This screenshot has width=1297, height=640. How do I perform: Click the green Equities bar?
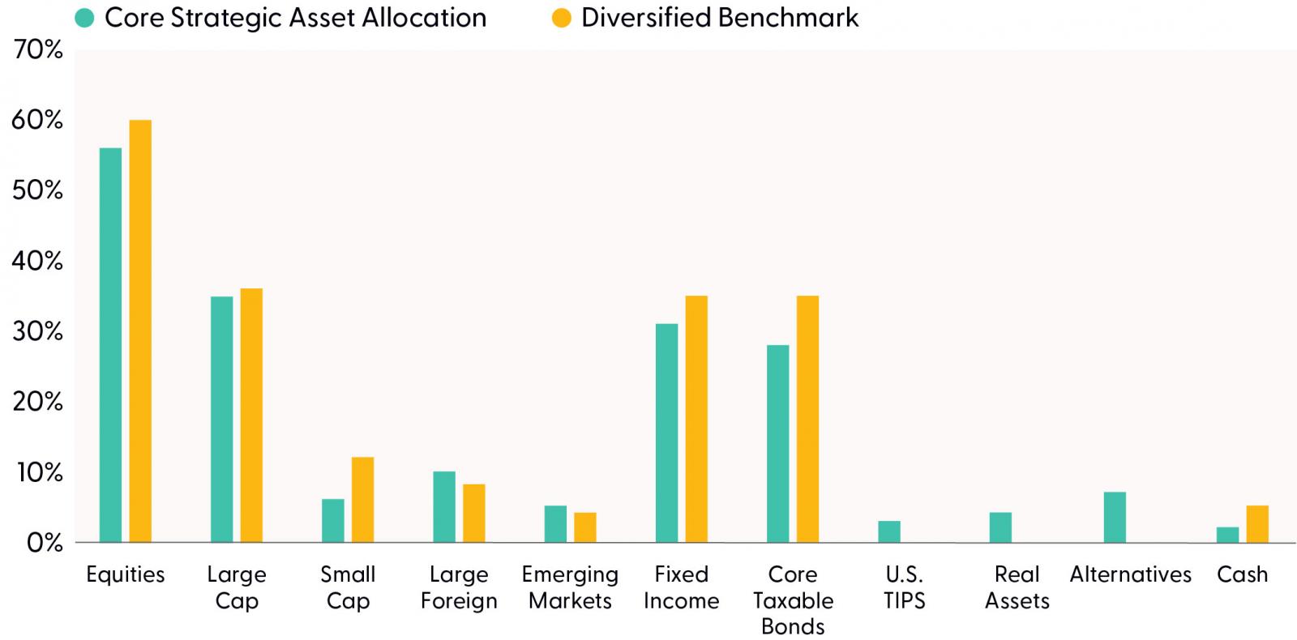click(110, 345)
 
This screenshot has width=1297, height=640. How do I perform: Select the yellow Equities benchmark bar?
click(140, 331)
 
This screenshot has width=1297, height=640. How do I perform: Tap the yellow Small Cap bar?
click(363, 499)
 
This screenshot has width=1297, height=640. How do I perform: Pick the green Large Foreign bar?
click(444, 507)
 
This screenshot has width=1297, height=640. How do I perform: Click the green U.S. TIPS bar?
click(889, 531)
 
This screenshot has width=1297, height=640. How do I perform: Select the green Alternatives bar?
click(1115, 518)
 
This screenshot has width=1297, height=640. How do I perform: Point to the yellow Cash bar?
click(1257, 524)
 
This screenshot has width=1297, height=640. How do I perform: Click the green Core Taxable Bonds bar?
click(778, 444)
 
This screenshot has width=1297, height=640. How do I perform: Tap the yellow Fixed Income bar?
click(696, 419)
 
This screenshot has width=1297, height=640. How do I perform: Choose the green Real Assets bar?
click(1000, 527)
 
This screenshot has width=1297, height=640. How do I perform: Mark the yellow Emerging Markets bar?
click(585, 527)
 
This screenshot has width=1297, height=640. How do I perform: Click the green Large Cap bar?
click(222, 420)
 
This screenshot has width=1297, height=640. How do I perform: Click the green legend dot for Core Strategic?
click(84, 18)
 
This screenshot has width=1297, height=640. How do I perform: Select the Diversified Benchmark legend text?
click(720, 18)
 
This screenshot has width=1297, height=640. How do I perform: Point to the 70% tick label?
click(37, 49)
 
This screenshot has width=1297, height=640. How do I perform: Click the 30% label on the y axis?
click(37, 331)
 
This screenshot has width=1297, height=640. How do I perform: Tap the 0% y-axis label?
click(45, 543)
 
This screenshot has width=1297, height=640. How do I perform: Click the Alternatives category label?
click(1130, 574)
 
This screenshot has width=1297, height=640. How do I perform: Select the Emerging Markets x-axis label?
click(571, 587)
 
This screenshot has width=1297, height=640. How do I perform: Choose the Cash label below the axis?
click(1243, 574)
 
